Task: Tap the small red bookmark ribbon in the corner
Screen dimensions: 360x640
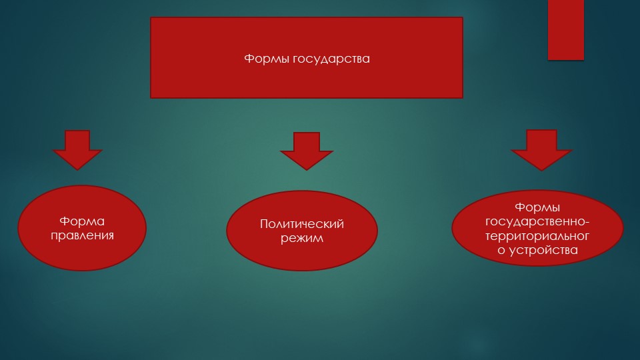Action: coord(566,30)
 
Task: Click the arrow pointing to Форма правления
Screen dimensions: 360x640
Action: coord(77,150)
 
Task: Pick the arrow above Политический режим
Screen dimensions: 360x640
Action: coord(306,151)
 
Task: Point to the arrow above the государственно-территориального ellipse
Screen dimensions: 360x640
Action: coord(541,150)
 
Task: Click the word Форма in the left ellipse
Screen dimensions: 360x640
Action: coord(82,221)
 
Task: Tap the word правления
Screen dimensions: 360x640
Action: coord(82,235)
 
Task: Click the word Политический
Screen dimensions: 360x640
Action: coord(301,224)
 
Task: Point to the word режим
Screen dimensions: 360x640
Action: coord(301,238)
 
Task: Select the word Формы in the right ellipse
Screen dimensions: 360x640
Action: coord(537,207)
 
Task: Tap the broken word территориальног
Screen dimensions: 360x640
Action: coord(537,236)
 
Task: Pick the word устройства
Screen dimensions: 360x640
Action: coord(543,251)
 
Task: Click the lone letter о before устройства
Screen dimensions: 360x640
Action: coord(501,251)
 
